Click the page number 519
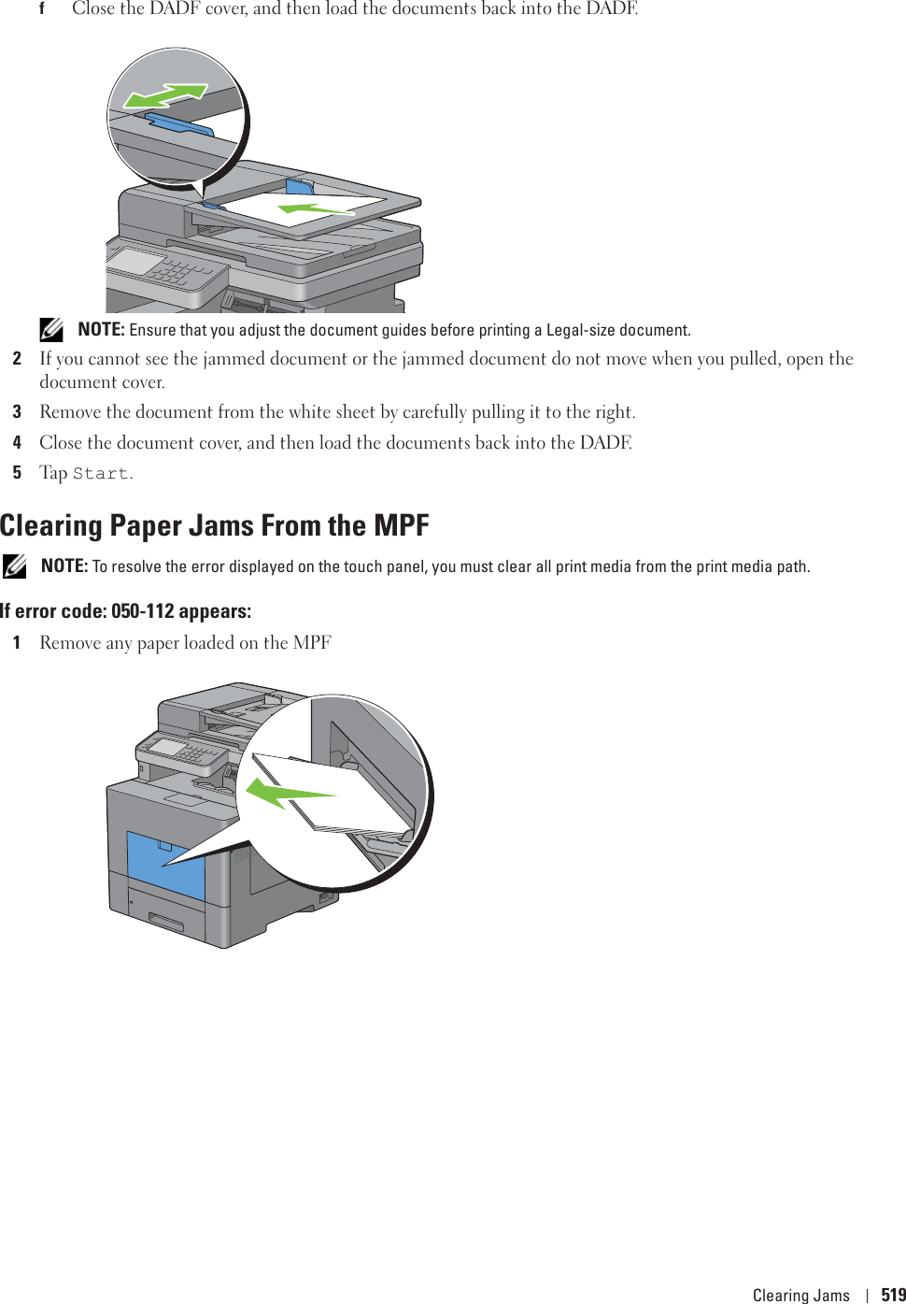893,1295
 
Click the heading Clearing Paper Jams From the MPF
214,525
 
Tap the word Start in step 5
101,474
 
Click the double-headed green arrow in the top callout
165,94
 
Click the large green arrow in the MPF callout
286,794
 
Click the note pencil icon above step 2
51,329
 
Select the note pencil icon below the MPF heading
14,566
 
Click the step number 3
17,412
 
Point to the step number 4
17,442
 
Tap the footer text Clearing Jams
800,1295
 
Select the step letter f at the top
41,9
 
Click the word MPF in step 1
312,643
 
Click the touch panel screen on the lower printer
168,747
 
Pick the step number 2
17,359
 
